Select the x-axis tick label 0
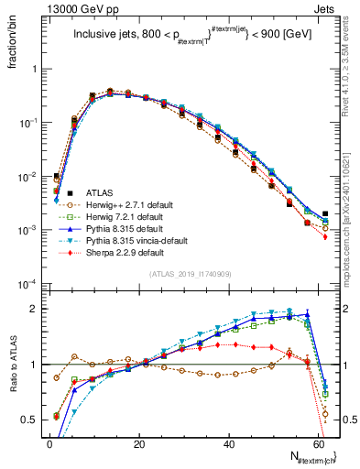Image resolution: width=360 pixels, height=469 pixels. tap(49, 443)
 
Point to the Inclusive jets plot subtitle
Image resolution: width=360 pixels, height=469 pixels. tap(193, 37)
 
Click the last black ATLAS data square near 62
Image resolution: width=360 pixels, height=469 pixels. tap(324, 214)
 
